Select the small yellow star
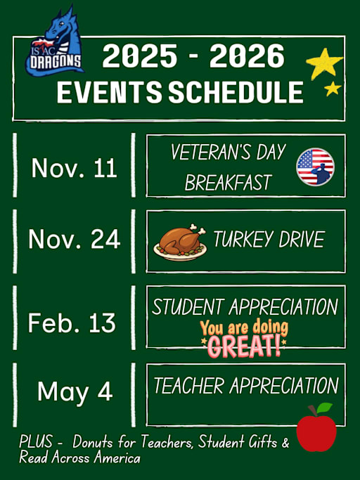(333, 89)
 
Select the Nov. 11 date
(74, 169)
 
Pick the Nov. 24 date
(74, 240)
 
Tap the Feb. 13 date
(72, 323)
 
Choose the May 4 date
(75, 391)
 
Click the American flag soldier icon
(315, 167)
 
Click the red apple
(316, 432)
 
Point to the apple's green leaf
(324, 408)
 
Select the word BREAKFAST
(228, 183)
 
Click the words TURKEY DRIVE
(269, 240)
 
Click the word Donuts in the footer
(94, 443)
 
